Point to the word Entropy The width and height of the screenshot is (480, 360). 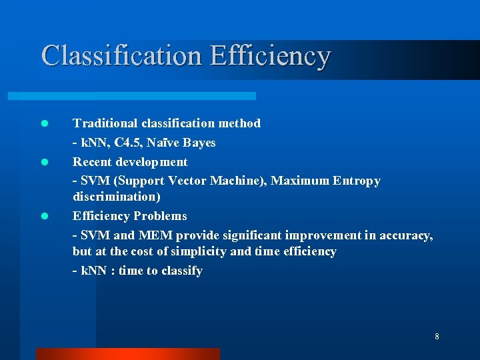(x=357, y=181)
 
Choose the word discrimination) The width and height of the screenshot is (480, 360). (x=117, y=197)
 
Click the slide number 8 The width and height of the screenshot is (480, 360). (x=437, y=337)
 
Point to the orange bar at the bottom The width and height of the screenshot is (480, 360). (x=127, y=353)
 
